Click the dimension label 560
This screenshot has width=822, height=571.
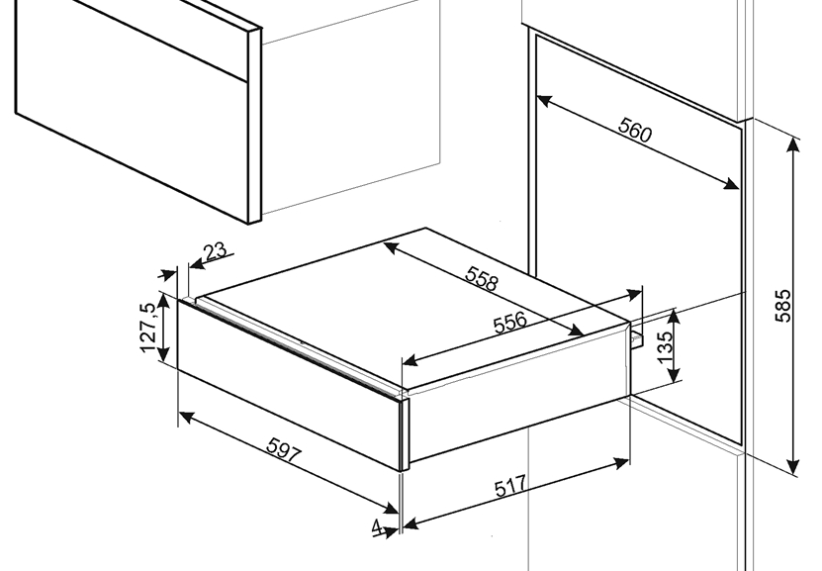tap(635, 130)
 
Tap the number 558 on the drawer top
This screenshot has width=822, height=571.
tap(482, 278)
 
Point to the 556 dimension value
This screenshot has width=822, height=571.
tap(509, 323)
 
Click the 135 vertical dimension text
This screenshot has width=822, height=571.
tap(664, 347)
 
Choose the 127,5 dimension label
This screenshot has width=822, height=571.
tap(147, 328)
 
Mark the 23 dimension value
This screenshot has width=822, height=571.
tap(216, 251)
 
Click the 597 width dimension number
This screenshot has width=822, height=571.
tap(284, 450)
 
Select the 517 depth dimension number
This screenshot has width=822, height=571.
tap(510, 486)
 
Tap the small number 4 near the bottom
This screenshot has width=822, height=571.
tap(377, 526)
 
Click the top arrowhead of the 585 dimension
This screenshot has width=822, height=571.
tap(793, 144)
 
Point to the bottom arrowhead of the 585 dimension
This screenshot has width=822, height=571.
tap(793, 466)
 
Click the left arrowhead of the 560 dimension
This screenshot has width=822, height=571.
tap(544, 100)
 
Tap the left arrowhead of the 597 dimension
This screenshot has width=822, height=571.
tap(187, 418)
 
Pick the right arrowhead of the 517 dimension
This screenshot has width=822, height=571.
tap(621, 462)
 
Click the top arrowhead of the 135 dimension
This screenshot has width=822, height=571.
tap(674, 316)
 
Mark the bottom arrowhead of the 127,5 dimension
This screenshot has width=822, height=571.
tap(163, 354)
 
